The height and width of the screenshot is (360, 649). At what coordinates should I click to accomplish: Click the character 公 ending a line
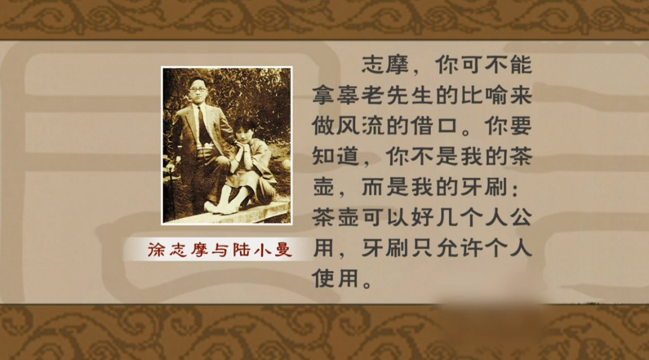pyautogui.click(x=520, y=218)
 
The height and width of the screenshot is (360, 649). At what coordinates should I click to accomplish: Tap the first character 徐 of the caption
pyautogui.click(x=156, y=250)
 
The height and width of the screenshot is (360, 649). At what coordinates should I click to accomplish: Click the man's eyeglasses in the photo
pyautogui.click(x=198, y=90)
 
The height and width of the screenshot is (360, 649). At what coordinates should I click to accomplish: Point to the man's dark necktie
pyautogui.click(x=203, y=124)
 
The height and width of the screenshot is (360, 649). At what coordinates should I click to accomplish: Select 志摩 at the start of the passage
pyautogui.click(x=385, y=66)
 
